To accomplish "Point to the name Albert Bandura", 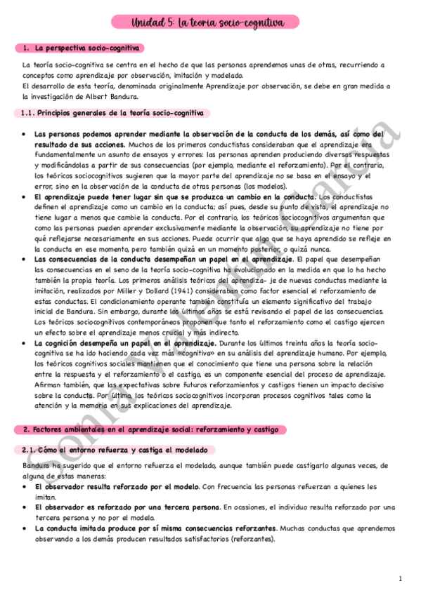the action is point(115,97).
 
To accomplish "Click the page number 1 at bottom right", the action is point(399,579).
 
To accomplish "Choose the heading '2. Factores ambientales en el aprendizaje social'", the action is point(150,429).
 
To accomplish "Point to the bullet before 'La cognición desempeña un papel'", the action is point(25,343).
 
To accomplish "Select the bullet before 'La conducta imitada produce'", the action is point(25,528).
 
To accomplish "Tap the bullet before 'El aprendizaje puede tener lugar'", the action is point(25,196).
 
